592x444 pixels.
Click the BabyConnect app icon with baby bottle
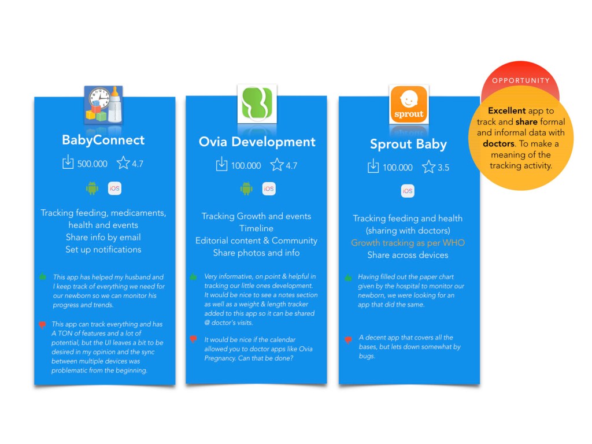103,105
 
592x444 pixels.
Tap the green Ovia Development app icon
257,104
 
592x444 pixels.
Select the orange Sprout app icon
409,105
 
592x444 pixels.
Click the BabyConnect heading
103,140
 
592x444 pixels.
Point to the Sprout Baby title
408,144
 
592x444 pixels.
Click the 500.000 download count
92,164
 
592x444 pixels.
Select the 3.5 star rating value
443,168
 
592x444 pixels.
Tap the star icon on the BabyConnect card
123,162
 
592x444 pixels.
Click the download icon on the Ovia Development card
221,164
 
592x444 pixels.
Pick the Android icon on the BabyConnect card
92,188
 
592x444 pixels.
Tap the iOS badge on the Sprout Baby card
408,191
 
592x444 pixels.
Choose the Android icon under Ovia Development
246,188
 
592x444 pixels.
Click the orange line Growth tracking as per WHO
408,243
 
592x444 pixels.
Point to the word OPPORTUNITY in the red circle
521,80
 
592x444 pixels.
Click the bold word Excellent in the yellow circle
506,110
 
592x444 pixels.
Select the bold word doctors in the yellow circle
498,144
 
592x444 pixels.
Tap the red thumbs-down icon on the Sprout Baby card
348,340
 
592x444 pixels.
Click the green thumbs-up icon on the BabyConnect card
43,277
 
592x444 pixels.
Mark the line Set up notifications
103,250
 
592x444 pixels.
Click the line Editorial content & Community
256,241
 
